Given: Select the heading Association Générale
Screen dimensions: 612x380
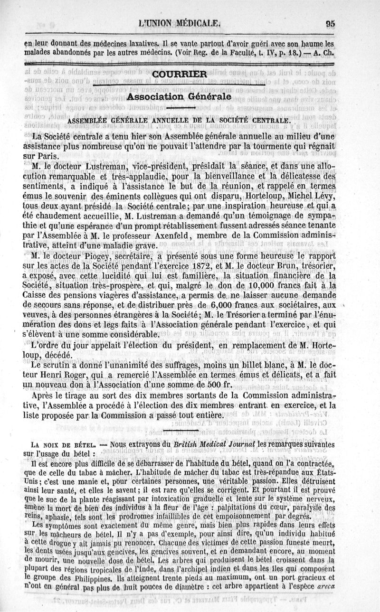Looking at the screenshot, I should (x=180, y=96).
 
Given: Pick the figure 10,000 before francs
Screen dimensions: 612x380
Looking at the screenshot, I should (x=270, y=286).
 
